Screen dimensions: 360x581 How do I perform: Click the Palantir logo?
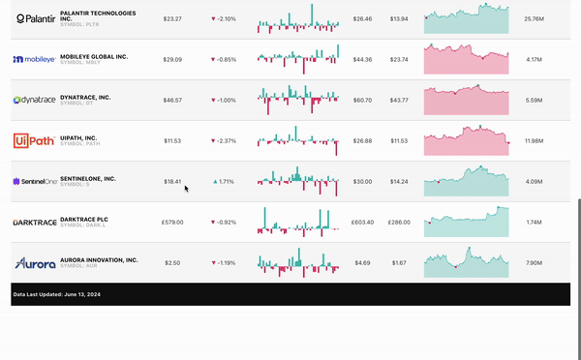click(x=34, y=18)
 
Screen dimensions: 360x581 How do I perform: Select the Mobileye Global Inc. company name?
click(x=94, y=57)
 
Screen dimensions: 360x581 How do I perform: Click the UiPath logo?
click(x=34, y=140)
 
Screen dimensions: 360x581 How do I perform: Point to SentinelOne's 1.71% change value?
click(x=227, y=181)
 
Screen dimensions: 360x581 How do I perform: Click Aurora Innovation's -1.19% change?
click(x=226, y=262)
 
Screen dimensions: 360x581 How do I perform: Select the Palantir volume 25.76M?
click(x=533, y=18)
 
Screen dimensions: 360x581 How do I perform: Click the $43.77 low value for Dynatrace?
click(x=399, y=100)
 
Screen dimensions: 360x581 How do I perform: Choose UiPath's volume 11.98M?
click(x=533, y=140)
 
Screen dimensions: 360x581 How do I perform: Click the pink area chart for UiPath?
click(x=467, y=141)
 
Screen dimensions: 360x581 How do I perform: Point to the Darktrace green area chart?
click(x=467, y=223)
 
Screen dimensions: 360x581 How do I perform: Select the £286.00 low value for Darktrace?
click(x=399, y=222)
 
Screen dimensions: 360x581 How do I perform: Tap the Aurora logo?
click(x=34, y=262)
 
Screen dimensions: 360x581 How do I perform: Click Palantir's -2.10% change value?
click(x=226, y=18)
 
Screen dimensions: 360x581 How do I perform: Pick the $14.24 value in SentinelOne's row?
click(x=399, y=181)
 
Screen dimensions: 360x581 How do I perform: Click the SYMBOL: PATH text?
click(x=78, y=144)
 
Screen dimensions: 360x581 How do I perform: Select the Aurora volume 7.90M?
click(x=533, y=262)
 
